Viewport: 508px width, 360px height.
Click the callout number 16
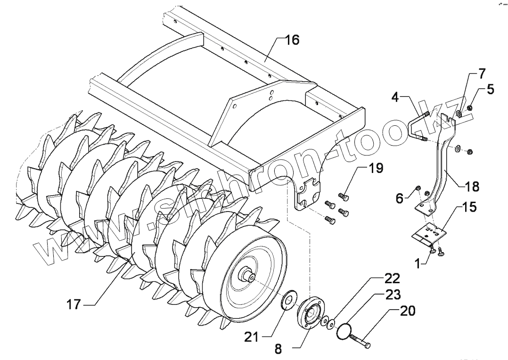click(292, 40)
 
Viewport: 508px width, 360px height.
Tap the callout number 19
click(376, 168)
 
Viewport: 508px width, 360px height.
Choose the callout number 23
click(393, 295)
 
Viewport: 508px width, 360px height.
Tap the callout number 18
click(471, 187)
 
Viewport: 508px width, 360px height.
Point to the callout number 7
click(481, 73)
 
